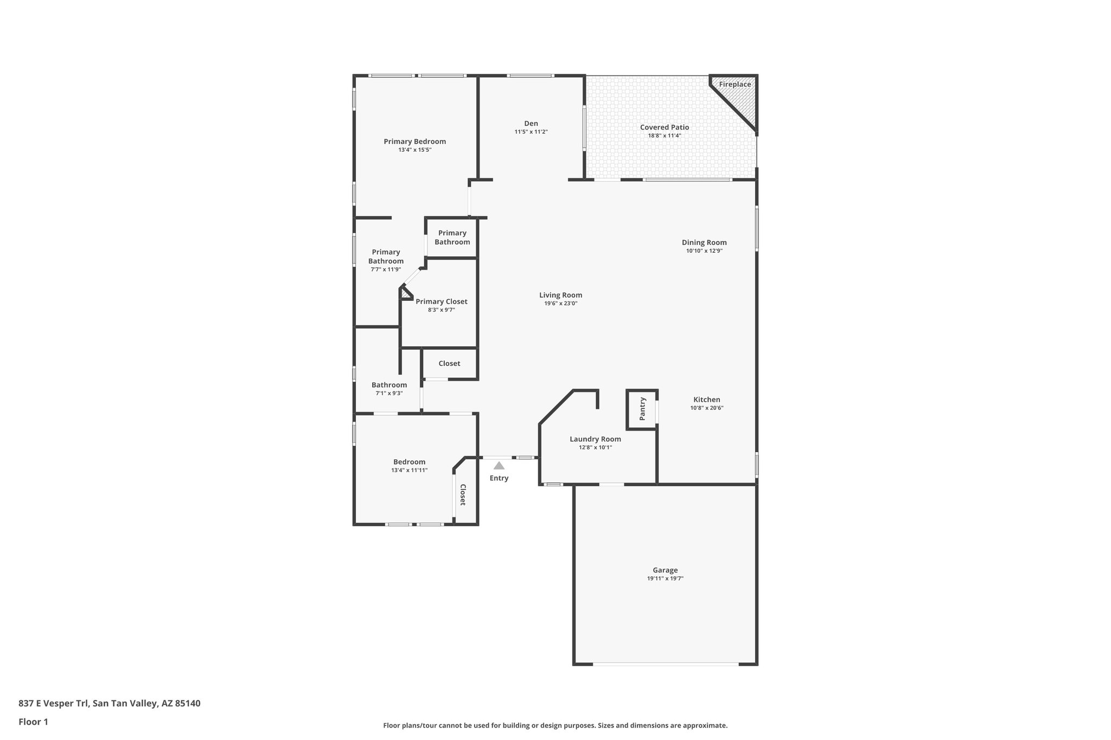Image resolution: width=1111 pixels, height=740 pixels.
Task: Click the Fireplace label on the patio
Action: click(735, 84)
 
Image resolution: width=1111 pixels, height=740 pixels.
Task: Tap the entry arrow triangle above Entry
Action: click(499, 466)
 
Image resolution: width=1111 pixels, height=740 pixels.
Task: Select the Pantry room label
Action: click(642, 409)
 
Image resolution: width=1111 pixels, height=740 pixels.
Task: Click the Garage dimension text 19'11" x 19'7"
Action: click(665, 578)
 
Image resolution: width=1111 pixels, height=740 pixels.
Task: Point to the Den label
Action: click(531, 123)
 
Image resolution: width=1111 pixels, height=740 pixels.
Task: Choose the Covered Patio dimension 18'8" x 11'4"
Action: click(664, 136)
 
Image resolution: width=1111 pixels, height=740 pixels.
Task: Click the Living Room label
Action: click(560, 295)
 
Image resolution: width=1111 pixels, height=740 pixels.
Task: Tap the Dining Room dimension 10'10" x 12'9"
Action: click(704, 250)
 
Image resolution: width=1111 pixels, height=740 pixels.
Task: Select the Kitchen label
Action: click(706, 400)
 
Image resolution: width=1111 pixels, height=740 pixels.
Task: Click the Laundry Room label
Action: click(595, 439)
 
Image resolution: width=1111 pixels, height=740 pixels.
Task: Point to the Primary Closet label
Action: click(441, 301)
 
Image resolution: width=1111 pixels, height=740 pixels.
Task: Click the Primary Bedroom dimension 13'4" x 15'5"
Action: click(414, 150)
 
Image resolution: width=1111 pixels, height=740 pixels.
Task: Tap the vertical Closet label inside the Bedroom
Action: click(463, 494)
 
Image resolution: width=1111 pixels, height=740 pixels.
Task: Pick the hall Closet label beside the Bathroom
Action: click(449, 363)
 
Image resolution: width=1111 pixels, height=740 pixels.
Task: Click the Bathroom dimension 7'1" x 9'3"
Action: click(389, 393)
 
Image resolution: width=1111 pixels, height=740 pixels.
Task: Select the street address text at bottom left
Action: click(109, 704)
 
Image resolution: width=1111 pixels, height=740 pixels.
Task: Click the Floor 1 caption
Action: click(33, 722)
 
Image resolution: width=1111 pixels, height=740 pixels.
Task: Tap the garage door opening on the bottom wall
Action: click(665, 664)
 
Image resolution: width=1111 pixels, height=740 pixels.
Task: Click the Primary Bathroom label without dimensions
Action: click(452, 237)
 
